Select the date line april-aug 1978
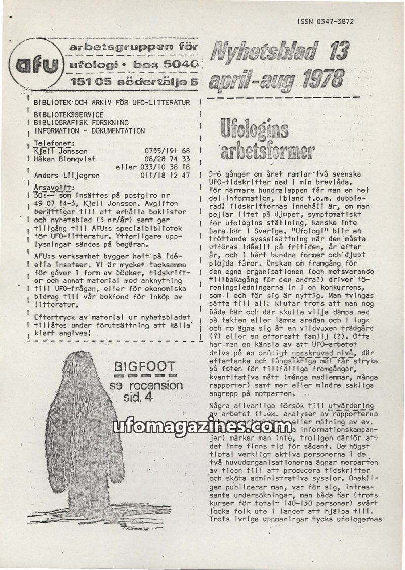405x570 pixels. click(x=276, y=79)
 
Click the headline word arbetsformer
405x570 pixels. click(x=266, y=150)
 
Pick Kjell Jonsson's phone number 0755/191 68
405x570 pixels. click(x=167, y=151)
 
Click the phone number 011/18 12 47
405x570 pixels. click(x=165, y=176)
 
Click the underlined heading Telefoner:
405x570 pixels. click(x=54, y=143)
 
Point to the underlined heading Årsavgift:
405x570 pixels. click(x=53, y=186)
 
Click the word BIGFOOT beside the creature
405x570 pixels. click(x=145, y=366)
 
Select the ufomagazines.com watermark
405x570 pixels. click(x=202, y=428)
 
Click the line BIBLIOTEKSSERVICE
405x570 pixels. click(x=68, y=115)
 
